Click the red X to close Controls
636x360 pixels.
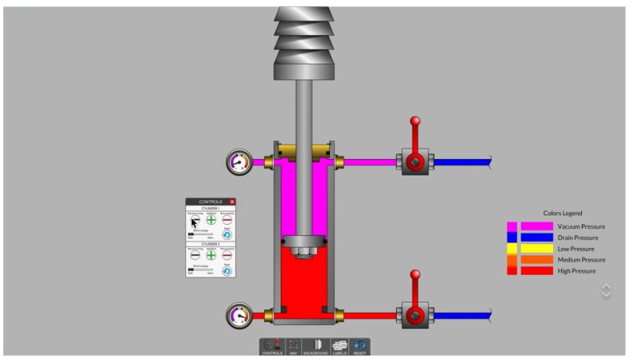(x=232, y=203)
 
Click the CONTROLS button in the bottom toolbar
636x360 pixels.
(x=272, y=346)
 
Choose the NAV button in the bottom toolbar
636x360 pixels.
(x=293, y=346)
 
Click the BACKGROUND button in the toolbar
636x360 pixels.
(x=316, y=346)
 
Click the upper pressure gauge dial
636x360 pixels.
(x=238, y=163)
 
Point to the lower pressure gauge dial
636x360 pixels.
(x=238, y=315)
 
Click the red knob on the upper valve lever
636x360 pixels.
(x=414, y=122)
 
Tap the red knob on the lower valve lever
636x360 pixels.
(x=414, y=274)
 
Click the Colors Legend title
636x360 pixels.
(x=563, y=213)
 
